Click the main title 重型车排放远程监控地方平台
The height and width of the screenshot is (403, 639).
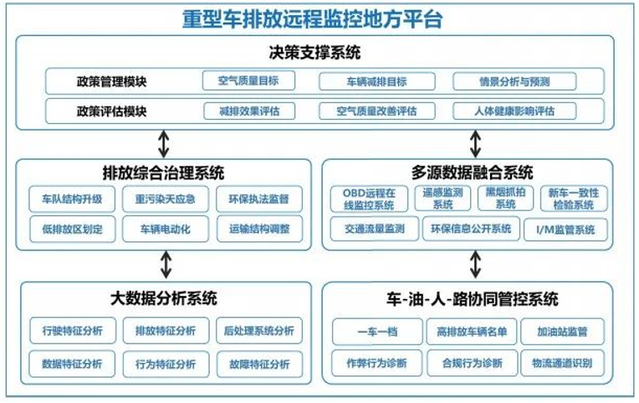coord(312,19)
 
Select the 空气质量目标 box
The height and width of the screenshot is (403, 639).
coord(248,80)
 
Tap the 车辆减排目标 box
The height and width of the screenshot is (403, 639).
coord(377,81)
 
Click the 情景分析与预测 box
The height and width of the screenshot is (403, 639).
coord(514,81)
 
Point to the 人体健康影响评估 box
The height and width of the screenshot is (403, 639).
coord(514,111)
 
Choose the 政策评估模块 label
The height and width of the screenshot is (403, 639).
coord(111,111)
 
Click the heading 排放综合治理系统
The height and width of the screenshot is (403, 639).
coord(163,173)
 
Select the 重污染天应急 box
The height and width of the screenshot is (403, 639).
coord(166,199)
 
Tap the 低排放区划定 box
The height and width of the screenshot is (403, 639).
coord(73,229)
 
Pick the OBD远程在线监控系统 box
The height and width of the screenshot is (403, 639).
coord(369,199)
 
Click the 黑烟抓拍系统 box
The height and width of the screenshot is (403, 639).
coord(505,198)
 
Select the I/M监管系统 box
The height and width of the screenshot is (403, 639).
coord(565,230)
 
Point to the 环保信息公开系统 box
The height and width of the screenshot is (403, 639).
coord(471,229)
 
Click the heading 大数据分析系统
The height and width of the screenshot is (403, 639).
coord(163,298)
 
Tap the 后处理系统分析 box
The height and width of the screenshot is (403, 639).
coord(259,330)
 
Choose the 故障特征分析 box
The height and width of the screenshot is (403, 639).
coord(259,364)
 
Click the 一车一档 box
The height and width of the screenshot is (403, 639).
coord(377,332)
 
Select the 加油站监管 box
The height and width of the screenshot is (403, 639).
coord(562,332)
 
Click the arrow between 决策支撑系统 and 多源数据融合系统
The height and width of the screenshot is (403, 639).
coord(475,144)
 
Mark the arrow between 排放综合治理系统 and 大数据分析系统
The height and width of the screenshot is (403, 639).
coord(166,264)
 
